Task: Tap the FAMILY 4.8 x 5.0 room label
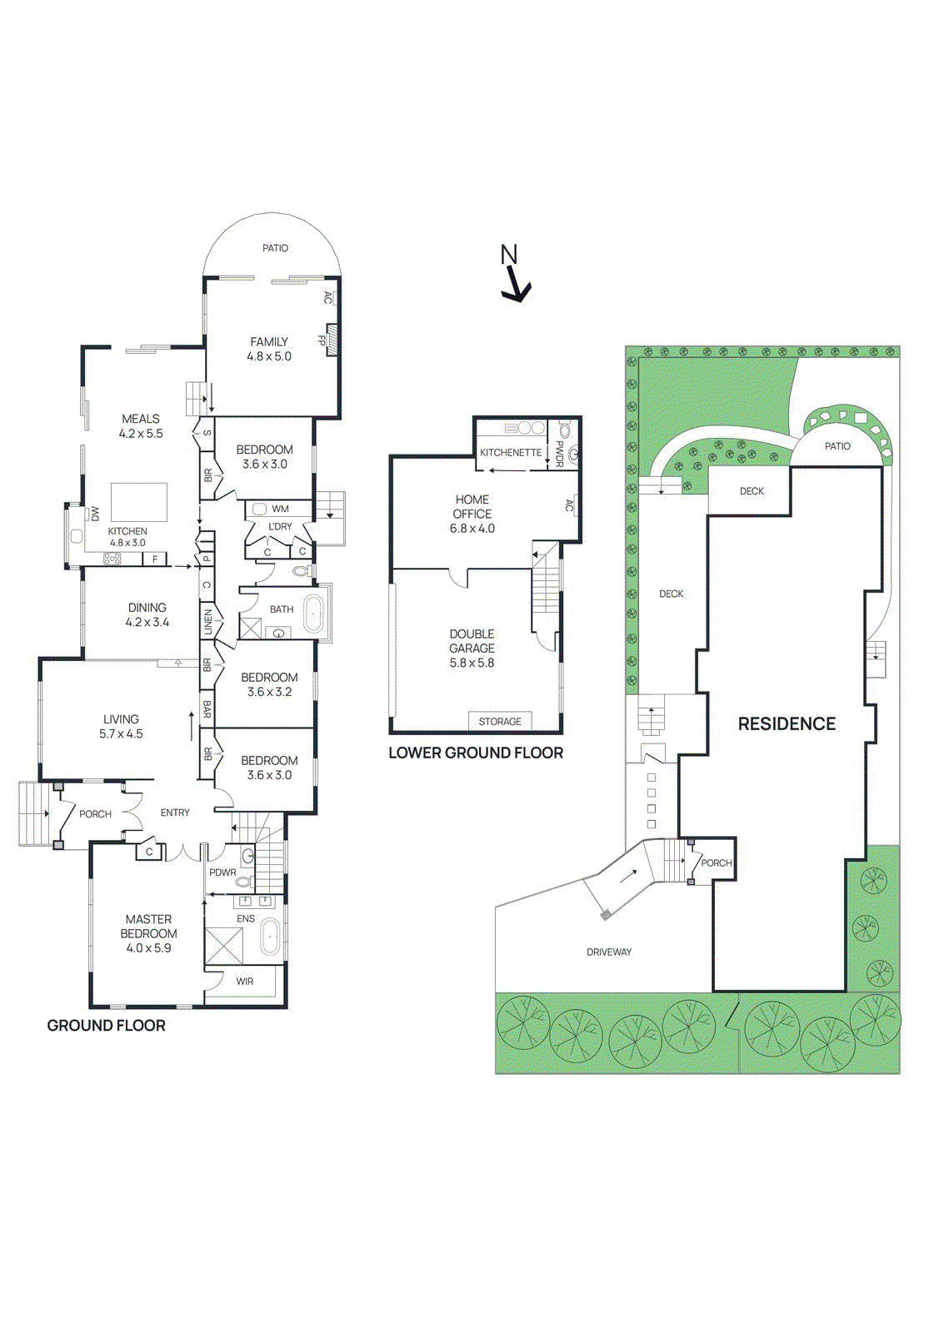[269, 349]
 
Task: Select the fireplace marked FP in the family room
[331, 340]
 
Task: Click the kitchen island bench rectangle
[139, 502]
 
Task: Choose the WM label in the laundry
[280, 509]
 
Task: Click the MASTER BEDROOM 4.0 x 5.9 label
[148, 933]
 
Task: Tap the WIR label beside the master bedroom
[245, 982]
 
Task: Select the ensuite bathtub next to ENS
[271, 937]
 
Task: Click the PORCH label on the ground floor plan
[95, 814]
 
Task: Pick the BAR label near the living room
[207, 710]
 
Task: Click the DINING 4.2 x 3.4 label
[147, 614]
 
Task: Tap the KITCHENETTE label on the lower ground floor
[511, 452]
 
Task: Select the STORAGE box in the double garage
[500, 722]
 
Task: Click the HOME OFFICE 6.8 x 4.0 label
[472, 514]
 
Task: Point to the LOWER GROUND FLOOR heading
[476, 753]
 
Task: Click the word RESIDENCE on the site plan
[787, 724]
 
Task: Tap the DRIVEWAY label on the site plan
[609, 952]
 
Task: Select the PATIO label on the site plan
[837, 446]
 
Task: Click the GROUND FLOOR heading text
[106, 1026]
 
